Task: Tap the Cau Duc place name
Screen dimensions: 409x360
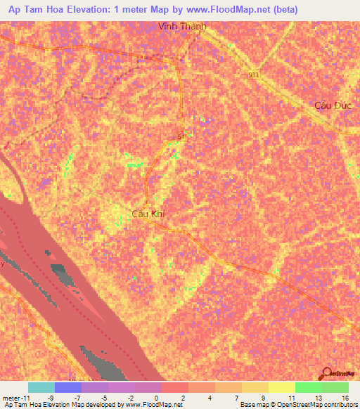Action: [332, 105]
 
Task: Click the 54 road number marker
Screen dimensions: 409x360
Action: [182, 136]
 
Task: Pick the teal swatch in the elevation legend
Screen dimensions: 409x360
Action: [41, 387]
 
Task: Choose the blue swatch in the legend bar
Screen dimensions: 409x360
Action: [68, 387]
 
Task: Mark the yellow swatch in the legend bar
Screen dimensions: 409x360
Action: [255, 387]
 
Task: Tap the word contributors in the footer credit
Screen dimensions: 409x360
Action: [338, 405]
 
